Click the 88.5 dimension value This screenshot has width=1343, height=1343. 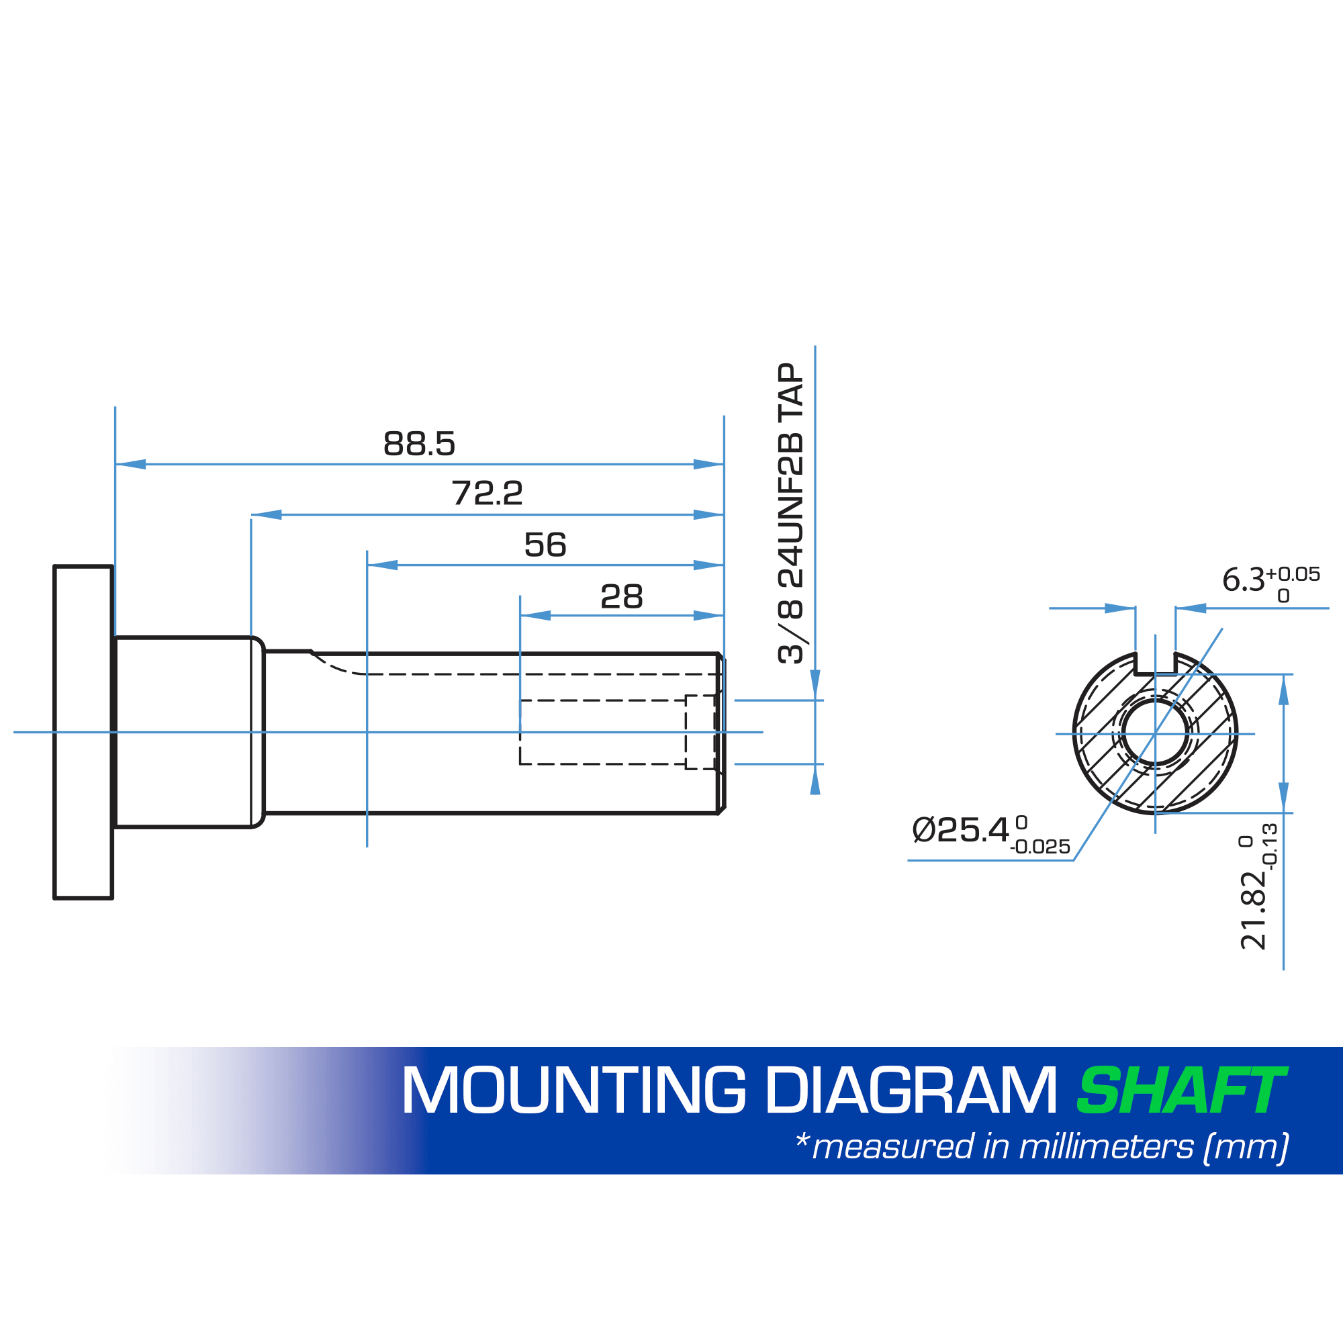coord(419,443)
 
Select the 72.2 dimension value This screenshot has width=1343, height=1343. coord(487,494)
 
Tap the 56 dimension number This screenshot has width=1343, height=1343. coord(545,545)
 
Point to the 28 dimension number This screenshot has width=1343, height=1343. coord(621,596)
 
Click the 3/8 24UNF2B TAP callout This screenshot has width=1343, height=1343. coord(791,513)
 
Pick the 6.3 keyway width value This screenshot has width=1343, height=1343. coord(1244,580)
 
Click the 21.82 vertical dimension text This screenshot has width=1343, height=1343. coord(1253,910)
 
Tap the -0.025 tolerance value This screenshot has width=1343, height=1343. coord(1040,847)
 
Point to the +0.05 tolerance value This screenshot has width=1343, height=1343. coord(1292,574)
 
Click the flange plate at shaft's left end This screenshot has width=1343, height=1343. coord(83,732)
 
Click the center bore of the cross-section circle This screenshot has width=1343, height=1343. coord(1155,733)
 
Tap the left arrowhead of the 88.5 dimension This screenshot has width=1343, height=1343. coord(131,465)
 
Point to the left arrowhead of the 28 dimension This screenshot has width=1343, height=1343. coord(535,615)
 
